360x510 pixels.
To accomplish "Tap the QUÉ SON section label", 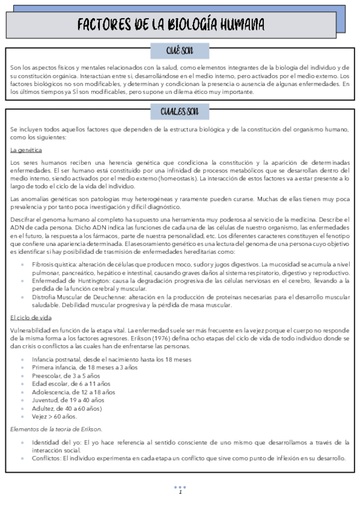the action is click(x=180, y=51).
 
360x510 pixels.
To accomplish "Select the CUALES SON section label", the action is click(x=180, y=112).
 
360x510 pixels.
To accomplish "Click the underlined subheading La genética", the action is click(x=26, y=149).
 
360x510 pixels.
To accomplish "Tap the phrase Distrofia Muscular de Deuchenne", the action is click(x=79, y=297).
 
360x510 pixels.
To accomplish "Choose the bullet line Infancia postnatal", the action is click(x=112, y=360).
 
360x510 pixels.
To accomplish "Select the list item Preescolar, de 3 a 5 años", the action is click(x=71, y=375).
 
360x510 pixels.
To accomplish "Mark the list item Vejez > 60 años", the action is click(x=55, y=416).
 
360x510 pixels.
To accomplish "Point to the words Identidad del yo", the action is click(x=56, y=442).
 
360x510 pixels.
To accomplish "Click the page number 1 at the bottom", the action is click(x=180, y=493).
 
